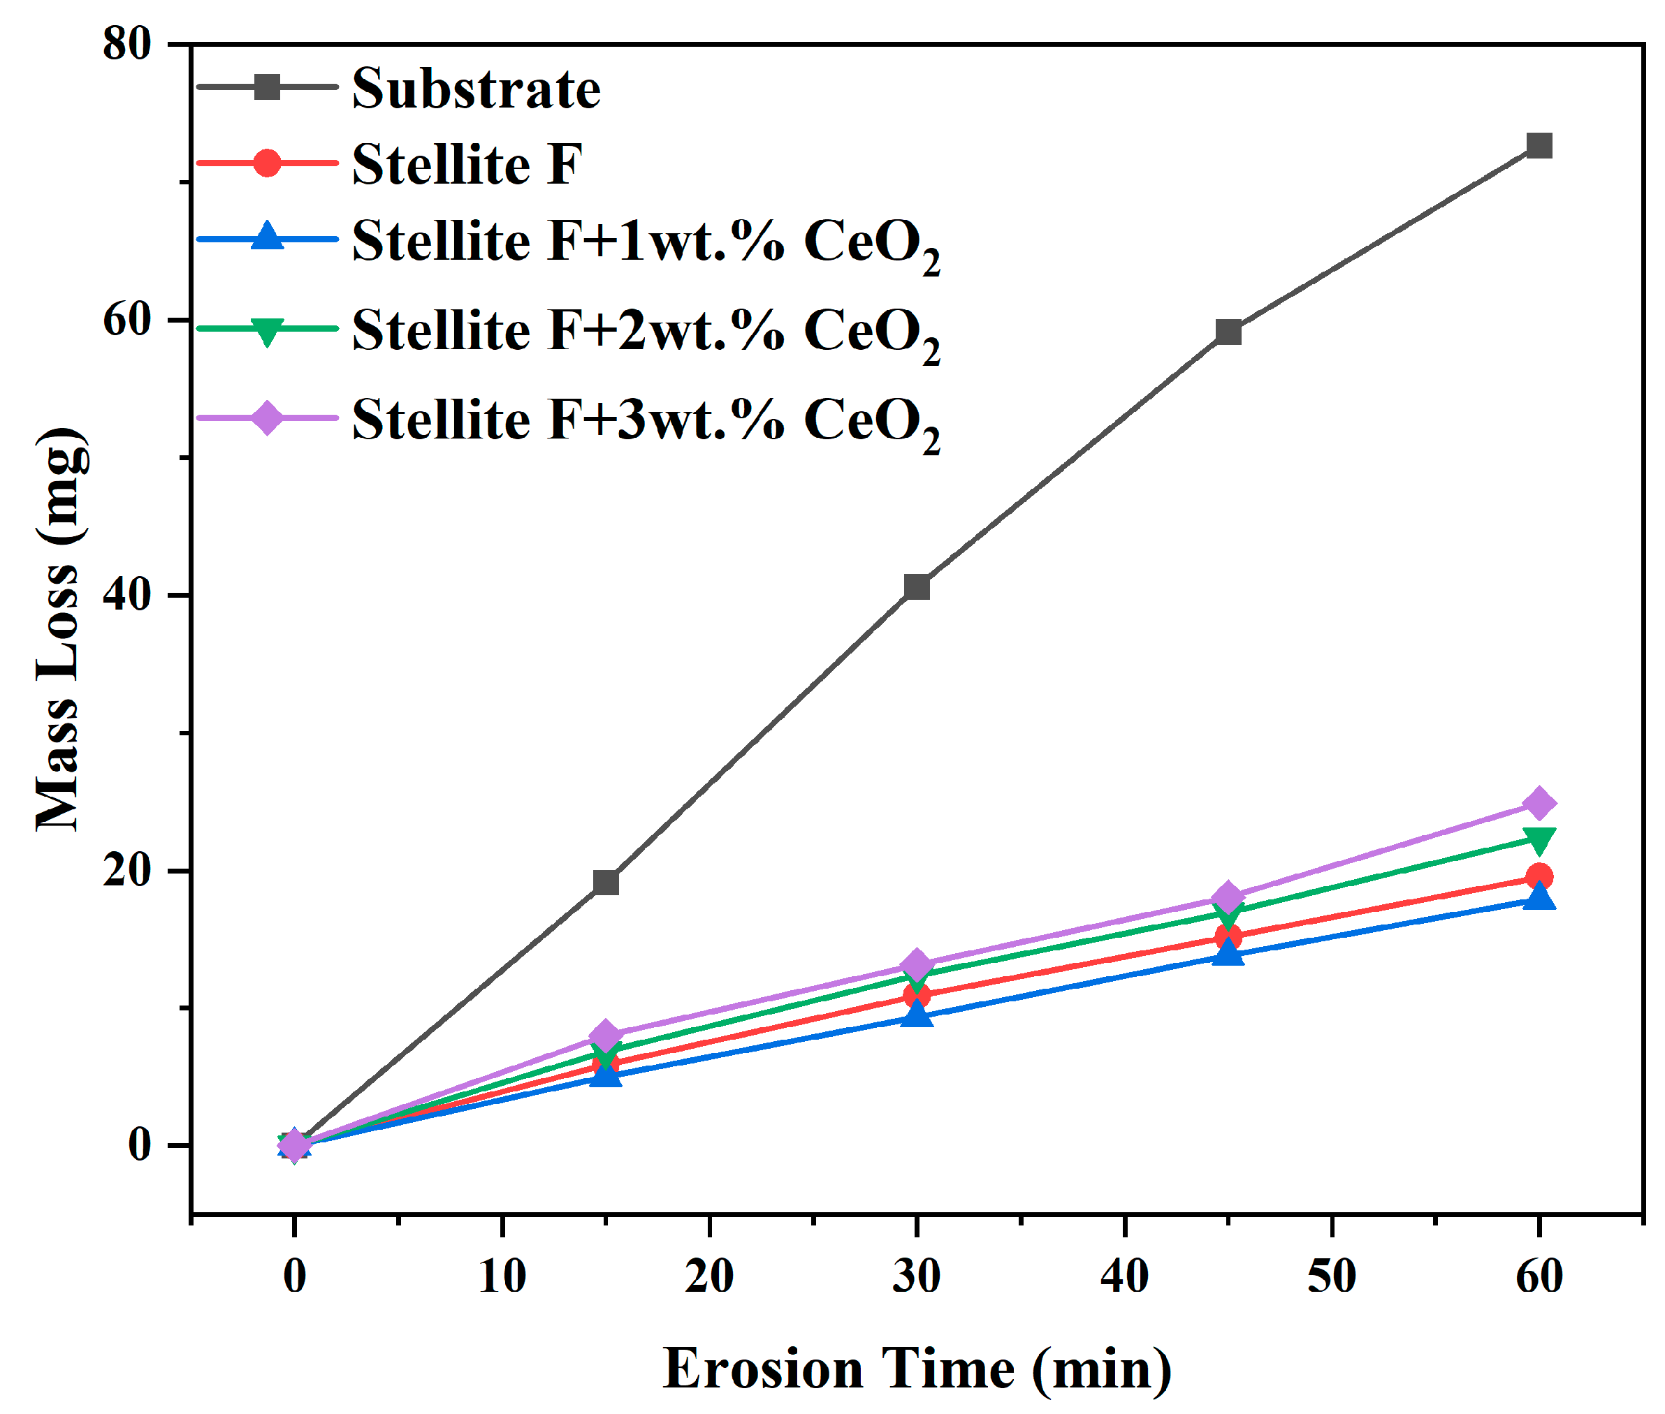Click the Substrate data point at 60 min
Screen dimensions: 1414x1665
tap(1539, 145)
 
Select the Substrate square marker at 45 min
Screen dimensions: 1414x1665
tap(1228, 331)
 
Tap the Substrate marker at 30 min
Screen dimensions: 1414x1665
tap(917, 587)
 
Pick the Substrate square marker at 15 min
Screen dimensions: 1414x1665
tap(606, 882)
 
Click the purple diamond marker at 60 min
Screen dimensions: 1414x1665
tap(1539, 802)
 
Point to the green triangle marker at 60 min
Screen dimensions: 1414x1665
tap(1539, 839)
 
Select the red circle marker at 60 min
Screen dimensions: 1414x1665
tap(1539, 876)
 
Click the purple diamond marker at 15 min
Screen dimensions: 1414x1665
tap(606, 1034)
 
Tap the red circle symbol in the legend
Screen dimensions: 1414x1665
tap(267, 163)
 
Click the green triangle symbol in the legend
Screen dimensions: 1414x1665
tap(267, 330)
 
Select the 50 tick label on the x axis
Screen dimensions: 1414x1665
tap(1331, 1274)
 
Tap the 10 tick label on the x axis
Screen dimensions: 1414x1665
tap(502, 1274)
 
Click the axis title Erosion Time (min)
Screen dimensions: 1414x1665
tap(917, 1367)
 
